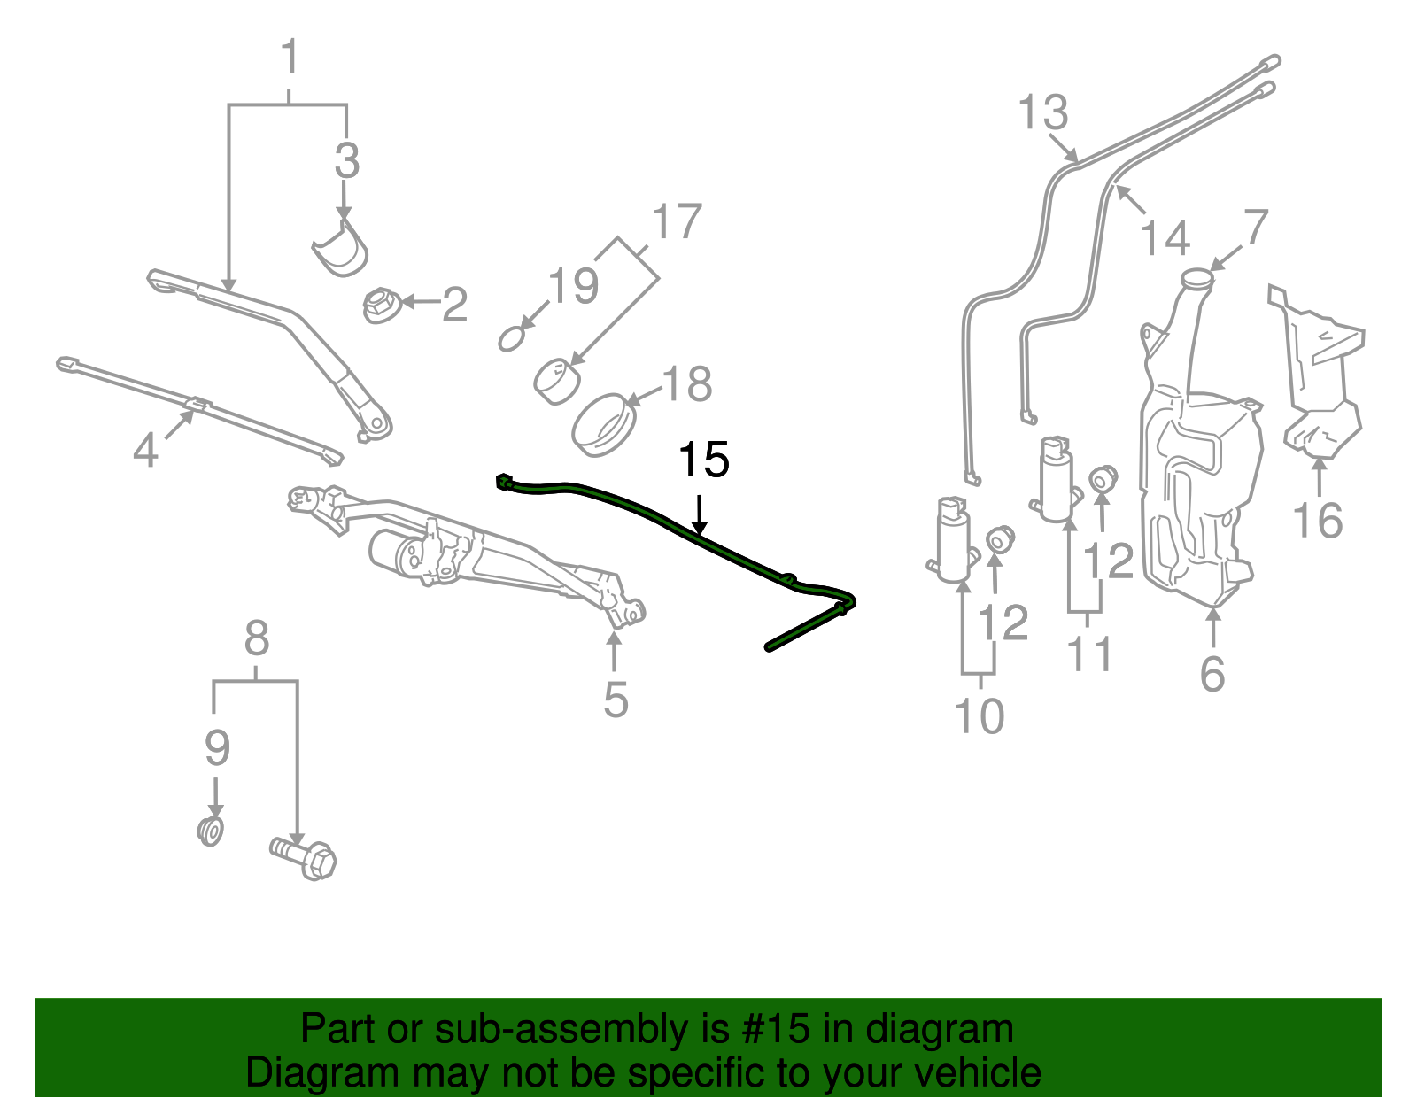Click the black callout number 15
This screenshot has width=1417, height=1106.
click(x=703, y=460)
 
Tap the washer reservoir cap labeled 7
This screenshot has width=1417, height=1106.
click(x=1197, y=277)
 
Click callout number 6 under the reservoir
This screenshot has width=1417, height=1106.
click(x=1212, y=674)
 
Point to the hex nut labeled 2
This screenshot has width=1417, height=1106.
click(x=381, y=305)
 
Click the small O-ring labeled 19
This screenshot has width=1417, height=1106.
click(x=513, y=338)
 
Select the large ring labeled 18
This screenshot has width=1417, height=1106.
click(x=605, y=424)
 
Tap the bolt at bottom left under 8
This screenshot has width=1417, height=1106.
click(x=305, y=857)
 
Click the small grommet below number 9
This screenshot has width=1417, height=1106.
click(x=210, y=831)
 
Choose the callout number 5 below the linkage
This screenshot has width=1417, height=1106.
click(x=616, y=700)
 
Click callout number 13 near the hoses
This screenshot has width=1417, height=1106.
click(x=1042, y=113)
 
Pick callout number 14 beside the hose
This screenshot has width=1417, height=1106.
click(x=1164, y=238)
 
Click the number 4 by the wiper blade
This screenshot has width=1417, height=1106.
click(x=145, y=450)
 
